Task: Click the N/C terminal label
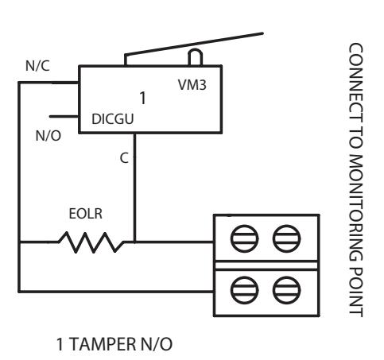(x=37, y=66)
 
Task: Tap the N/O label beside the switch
(x=48, y=136)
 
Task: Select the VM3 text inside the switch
(x=192, y=85)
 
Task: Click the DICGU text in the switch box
(x=112, y=119)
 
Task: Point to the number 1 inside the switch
(x=143, y=98)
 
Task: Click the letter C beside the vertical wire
(x=124, y=158)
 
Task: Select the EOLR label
(x=85, y=214)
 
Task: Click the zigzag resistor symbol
(x=91, y=242)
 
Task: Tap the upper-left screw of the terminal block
(x=244, y=238)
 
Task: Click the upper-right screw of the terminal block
(x=286, y=238)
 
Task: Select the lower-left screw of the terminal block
(x=244, y=290)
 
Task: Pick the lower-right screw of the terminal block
(x=286, y=290)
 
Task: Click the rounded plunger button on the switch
(x=195, y=57)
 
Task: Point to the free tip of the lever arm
(x=262, y=33)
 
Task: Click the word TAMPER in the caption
(x=102, y=344)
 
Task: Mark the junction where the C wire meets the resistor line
(x=134, y=242)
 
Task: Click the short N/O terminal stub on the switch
(x=64, y=116)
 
